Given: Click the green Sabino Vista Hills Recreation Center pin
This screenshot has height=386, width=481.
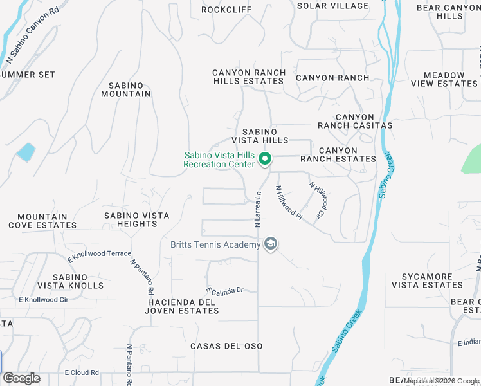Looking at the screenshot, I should (x=264, y=158).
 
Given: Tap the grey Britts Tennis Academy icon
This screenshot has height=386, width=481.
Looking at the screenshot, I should (x=271, y=244).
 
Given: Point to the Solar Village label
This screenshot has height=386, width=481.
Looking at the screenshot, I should (x=333, y=6).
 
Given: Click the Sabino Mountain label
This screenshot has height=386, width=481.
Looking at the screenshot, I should (x=126, y=89).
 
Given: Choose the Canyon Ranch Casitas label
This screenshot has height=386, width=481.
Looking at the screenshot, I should (x=354, y=121).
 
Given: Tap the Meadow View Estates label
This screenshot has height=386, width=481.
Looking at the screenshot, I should (x=444, y=79).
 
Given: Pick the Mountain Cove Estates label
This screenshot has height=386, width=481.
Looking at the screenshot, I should (x=42, y=221).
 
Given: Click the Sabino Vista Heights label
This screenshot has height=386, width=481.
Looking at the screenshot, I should (x=137, y=219).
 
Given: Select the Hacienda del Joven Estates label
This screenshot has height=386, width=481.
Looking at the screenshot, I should (x=183, y=306).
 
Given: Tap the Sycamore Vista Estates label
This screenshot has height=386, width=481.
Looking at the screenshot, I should (x=427, y=280).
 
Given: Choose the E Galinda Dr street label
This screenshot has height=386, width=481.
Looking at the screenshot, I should (x=224, y=289).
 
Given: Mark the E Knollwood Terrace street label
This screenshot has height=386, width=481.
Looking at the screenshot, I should (x=99, y=257).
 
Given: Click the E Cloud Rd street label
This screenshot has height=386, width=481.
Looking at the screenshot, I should (x=82, y=372).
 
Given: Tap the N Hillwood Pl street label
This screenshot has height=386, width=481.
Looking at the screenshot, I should (x=289, y=203).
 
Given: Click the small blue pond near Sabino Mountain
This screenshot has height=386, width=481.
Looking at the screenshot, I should (x=26, y=152).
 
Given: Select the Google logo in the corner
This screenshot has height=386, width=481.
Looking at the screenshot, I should (x=21, y=378).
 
